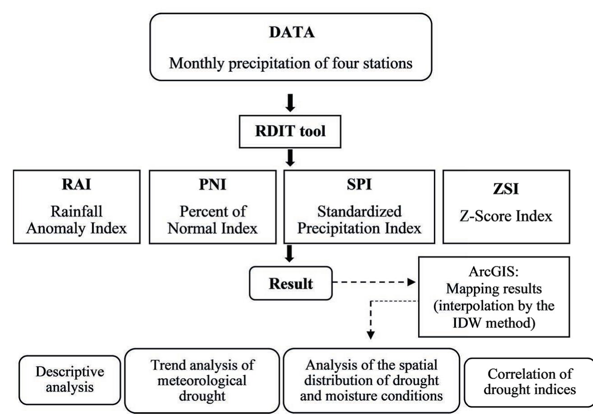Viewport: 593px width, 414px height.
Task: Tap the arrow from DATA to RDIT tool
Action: pos(291,103)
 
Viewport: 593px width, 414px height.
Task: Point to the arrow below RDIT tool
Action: pos(291,158)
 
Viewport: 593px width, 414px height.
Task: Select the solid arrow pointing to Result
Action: pos(290,255)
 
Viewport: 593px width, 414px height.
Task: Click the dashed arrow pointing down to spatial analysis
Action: pos(370,322)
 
